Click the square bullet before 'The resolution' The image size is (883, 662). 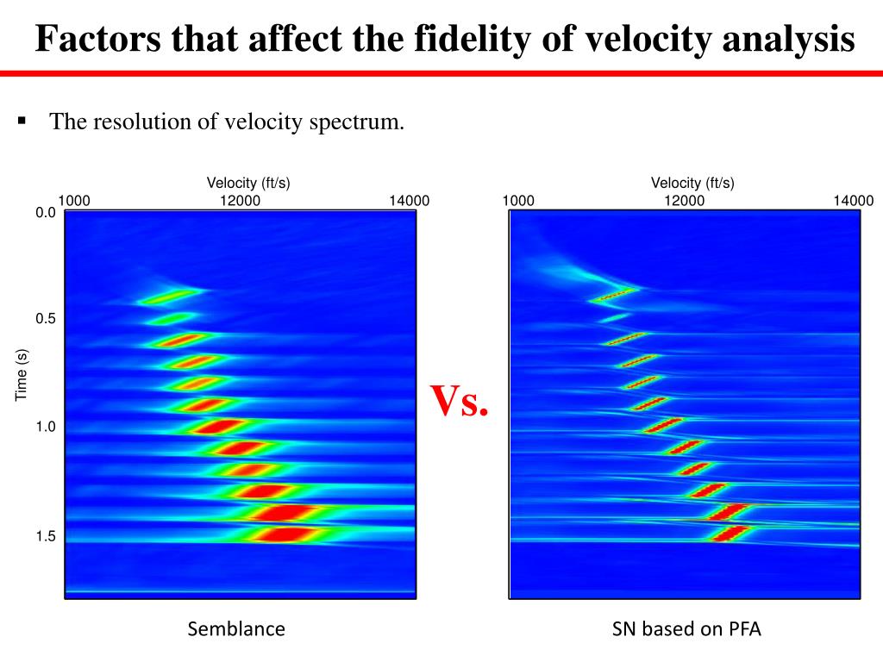pyautogui.click(x=22, y=121)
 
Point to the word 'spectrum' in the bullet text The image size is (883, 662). pyautogui.click(x=361, y=122)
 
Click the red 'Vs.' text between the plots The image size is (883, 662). pyautogui.click(x=460, y=400)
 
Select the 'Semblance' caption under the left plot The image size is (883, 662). pyautogui.click(x=236, y=629)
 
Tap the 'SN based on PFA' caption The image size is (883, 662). pyautogui.click(x=686, y=629)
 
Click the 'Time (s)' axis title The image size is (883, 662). pyautogui.click(x=22, y=374)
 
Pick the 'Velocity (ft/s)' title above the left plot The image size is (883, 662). pyautogui.click(x=248, y=183)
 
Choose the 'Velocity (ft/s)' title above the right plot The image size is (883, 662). pyautogui.click(x=692, y=183)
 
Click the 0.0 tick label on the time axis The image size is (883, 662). pyautogui.click(x=46, y=213)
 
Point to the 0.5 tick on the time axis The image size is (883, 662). pyautogui.click(x=46, y=319)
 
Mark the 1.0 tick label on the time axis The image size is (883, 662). pyautogui.click(x=46, y=428)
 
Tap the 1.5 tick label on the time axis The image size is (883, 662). pyautogui.click(x=46, y=536)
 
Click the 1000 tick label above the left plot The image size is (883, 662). pyautogui.click(x=74, y=201)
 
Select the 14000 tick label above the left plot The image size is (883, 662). pyautogui.click(x=409, y=201)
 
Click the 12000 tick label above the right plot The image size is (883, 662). pyautogui.click(x=684, y=201)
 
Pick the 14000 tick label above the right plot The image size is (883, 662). pyautogui.click(x=853, y=201)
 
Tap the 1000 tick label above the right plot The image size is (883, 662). pyautogui.click(x=518, y=201)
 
